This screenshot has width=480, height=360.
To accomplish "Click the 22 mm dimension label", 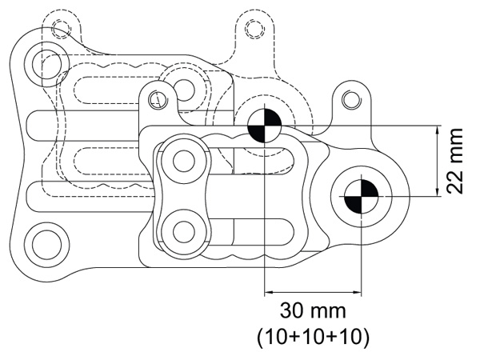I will (x=455, y=160).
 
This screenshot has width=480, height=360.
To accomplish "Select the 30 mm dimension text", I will (x=312, y=309).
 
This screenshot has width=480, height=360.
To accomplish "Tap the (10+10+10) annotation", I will (x=312, y=336).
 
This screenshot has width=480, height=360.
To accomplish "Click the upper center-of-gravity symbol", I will (x=263, y=126).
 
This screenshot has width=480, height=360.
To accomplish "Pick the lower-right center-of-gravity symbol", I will (x=360, y=196).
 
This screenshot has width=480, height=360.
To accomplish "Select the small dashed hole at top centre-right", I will (x=254, y=30).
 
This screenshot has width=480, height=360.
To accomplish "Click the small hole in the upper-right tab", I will (x=350, y=99).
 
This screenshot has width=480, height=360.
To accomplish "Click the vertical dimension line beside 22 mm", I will (x=437, y=160).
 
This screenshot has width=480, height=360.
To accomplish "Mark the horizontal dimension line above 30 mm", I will (x=312, y=290).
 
